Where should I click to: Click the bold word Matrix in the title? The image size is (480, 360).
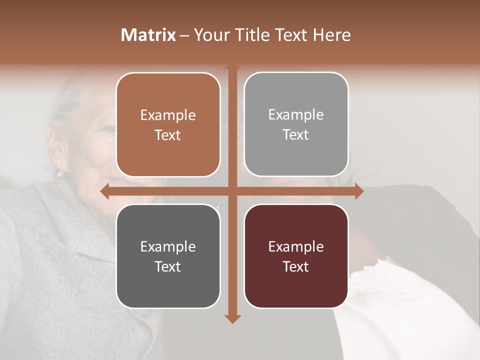148,35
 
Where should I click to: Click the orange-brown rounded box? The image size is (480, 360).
168,124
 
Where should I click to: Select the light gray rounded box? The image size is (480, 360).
296,124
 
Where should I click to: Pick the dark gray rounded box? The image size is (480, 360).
168,256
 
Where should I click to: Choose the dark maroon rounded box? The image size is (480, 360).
296,256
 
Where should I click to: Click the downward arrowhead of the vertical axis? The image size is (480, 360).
232,318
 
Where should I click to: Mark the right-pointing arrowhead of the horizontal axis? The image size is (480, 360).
358,191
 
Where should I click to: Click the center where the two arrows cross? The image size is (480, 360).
232,191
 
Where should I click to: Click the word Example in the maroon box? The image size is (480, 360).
296,246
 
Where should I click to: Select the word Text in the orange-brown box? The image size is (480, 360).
168,135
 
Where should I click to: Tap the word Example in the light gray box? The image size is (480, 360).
296,114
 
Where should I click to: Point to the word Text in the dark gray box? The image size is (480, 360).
168,266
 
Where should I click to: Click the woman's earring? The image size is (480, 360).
60,173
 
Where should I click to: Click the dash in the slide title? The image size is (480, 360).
184,35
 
